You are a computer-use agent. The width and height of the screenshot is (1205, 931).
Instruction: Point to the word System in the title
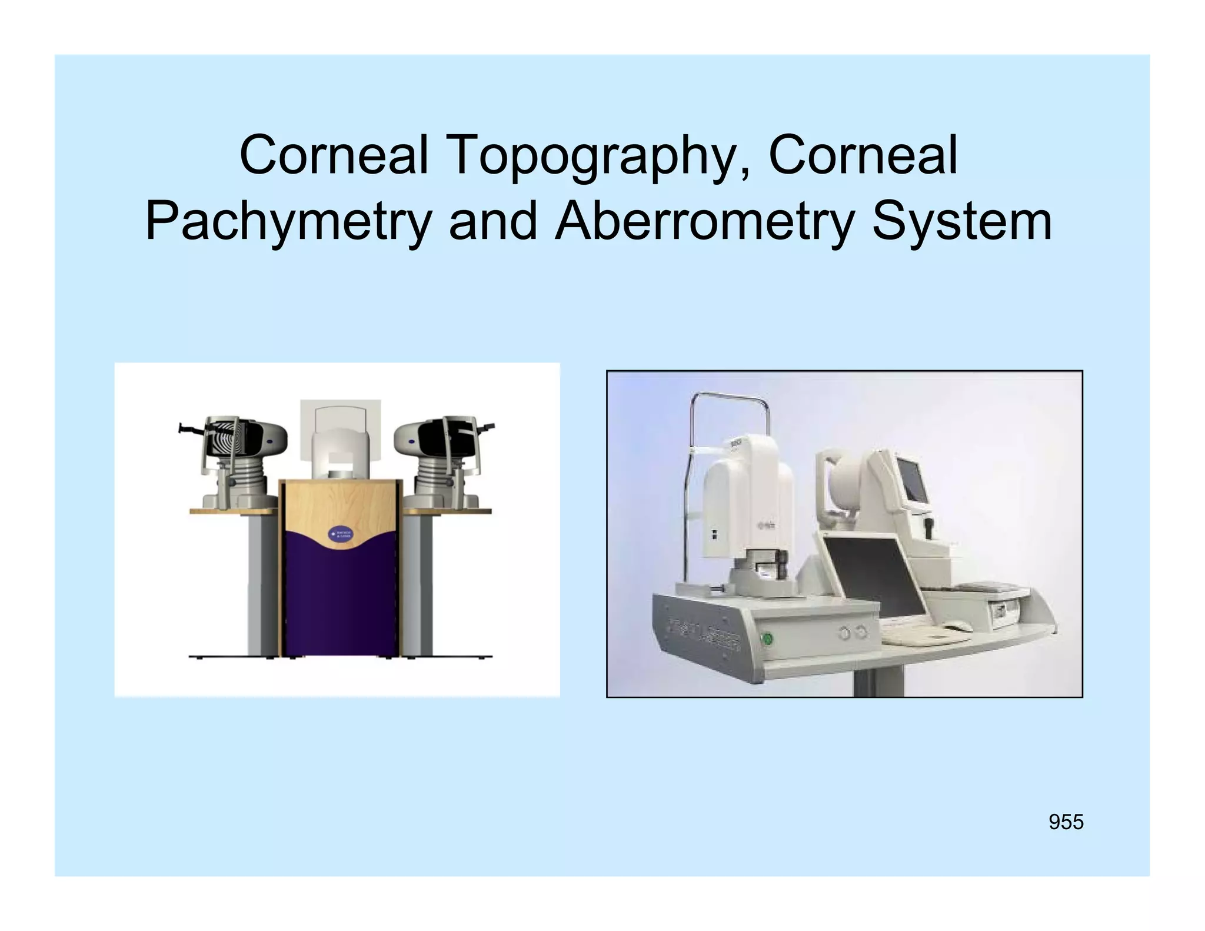961,222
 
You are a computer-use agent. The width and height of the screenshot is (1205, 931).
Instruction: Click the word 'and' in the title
493,222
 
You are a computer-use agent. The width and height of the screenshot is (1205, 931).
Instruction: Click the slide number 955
1066,822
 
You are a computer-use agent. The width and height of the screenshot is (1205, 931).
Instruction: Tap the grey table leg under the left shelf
261,583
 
